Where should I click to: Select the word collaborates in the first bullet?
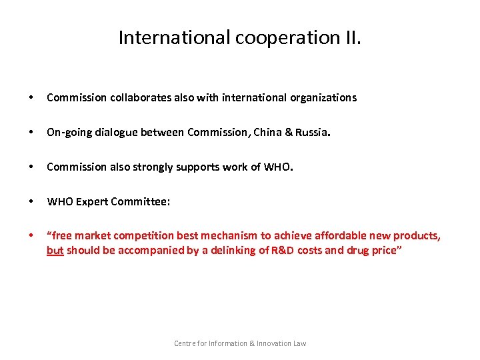[x=136, y=97]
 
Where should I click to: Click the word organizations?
[x=323, y=97]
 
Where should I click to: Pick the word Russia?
[x=313, y=132]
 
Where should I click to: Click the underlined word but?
[x=55, y=251]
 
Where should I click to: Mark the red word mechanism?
[x=226, y=236]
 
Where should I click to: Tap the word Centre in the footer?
[x=185, y=343]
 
